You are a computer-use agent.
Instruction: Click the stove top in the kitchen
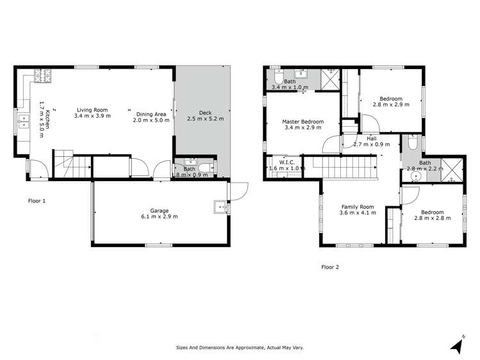pos(44,76)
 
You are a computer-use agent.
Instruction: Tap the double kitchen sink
pos(24,120)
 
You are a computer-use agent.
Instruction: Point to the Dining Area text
pos(151,113)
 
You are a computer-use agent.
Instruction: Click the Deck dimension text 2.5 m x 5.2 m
pos(201,119)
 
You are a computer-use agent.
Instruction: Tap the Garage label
pos(159,209)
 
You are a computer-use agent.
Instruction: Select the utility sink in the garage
pos(220,207)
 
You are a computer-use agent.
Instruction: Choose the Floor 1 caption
pos(37,200)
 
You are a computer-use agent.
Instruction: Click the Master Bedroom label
pos(302,122)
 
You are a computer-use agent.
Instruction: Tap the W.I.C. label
pos(286,162)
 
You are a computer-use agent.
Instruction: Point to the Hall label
pos(372,138)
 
